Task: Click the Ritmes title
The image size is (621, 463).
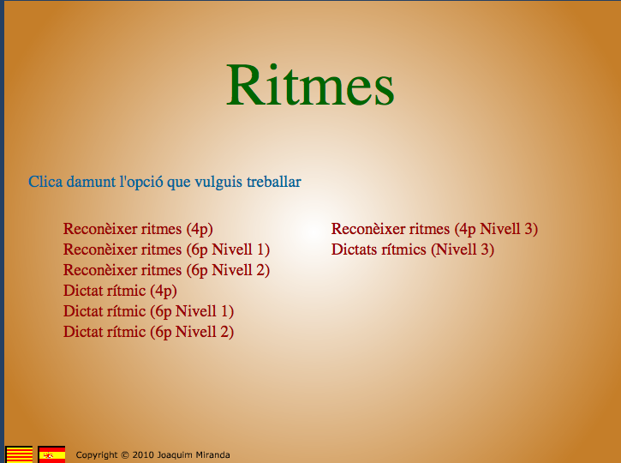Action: tap(310, 85)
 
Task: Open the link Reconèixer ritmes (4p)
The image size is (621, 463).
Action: tap(138, 229)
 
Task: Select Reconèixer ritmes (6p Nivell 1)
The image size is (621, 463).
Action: tap(166, 250)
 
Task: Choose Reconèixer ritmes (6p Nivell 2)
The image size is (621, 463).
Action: tap(166, 270)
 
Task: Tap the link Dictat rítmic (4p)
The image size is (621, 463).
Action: tap(120, 291)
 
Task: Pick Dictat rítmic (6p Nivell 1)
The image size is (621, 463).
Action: tap(148, 311)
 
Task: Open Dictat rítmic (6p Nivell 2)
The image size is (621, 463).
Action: tap(148, 332)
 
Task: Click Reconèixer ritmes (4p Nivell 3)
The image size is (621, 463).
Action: tap(434, 229)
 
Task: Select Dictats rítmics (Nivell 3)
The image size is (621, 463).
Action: tap(412, 250)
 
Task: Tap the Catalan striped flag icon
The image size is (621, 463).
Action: tap(20, 454)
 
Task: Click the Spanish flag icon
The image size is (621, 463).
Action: tap(51, 454)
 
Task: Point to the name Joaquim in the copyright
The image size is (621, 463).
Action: tap(176, 455)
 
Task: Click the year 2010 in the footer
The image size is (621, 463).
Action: tap(143, 455)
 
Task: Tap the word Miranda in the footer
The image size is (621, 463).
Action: tap(212, 455)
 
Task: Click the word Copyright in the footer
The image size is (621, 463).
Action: tap(96, 455)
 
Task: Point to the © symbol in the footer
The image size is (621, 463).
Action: tap(124, 455)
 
